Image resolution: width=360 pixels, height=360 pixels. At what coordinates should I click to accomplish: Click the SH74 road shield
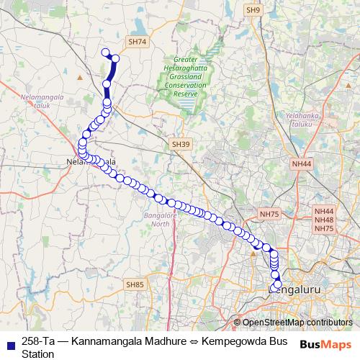tap(137, 43)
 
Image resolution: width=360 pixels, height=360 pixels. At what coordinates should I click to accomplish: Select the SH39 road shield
tap(181, 145)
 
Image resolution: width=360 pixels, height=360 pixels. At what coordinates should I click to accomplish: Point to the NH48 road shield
tap(324, 219)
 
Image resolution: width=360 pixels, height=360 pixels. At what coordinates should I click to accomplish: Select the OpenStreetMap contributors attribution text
tap(296, 323)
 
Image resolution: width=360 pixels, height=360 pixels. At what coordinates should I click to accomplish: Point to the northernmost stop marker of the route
tap(105, 52)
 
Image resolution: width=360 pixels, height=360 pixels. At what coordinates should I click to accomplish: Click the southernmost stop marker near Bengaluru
tap(277, 285)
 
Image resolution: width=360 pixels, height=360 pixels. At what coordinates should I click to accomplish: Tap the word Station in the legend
tap(38, 354)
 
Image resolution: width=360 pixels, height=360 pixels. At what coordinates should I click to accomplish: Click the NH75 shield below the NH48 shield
tap(324, 228)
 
